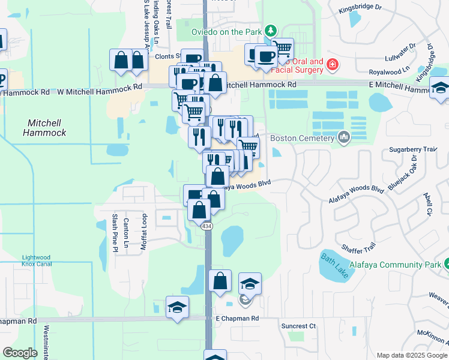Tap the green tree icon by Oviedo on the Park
[x=271, y=30]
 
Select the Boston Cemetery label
[x=301, y=138]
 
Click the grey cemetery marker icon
[x=344, y=138]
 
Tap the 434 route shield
[x=206, y=226]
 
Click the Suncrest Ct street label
[x=298, y=326]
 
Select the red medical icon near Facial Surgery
[x=332, y=64]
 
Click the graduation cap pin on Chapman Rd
[x=178, y=308]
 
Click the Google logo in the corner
[x=20, y=353]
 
